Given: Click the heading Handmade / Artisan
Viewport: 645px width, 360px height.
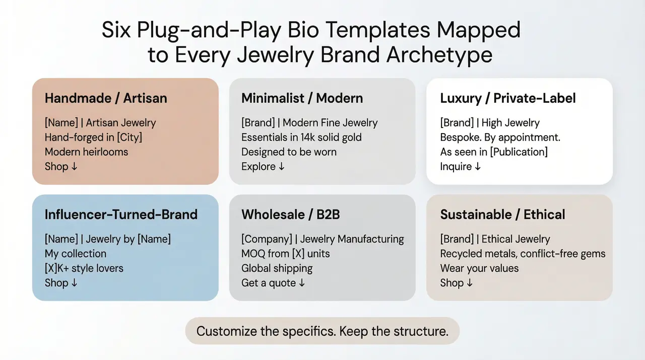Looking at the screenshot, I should [x=105, y=98].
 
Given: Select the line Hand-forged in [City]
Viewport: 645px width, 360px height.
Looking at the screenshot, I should [x=93, y=137].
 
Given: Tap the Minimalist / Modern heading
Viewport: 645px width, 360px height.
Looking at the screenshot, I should [x=302, y=98].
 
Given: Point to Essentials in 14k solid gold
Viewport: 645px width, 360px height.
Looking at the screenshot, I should [x=301, y=137].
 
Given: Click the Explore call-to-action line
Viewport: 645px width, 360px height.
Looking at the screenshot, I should [x=263, y=166].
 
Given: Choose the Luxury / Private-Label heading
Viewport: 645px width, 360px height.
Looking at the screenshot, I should [x=507, y=98].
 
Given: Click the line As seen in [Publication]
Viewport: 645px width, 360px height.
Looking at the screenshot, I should [x=493, y=152].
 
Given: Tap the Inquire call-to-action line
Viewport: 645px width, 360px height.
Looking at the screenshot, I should [x=461, y=166].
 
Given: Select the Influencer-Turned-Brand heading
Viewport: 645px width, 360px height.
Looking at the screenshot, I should [x=121, y=214].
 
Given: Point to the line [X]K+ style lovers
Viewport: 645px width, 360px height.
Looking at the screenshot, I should [x=84, y=268].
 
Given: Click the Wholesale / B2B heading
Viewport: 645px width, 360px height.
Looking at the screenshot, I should [x=290, y=214].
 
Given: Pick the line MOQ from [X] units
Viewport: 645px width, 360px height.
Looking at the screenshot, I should [x=285, y=254].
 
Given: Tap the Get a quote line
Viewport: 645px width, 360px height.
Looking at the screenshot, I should [x=273, y=283].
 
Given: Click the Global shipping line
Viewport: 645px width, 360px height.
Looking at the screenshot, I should [x=277, y=268].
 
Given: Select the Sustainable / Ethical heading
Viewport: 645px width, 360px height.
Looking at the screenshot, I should [x=502, y=214].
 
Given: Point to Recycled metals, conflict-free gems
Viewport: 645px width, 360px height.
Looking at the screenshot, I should [x=523, y=254].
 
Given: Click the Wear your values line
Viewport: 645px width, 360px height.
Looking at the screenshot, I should [x=479, y=268].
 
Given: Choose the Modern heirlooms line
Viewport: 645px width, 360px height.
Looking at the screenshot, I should [x=86, y=152].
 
